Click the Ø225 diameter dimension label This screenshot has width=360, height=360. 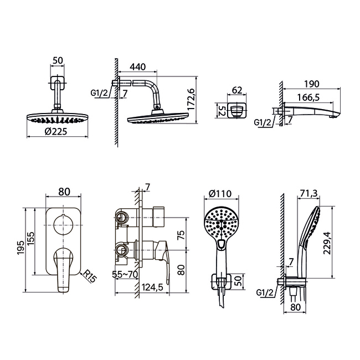pos(56,132)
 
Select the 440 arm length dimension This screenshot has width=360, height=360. pos(138,67)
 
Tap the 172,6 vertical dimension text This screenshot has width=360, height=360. pos(191,99)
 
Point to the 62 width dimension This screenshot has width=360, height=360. pos(237,90)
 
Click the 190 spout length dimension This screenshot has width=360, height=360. pos(312,84)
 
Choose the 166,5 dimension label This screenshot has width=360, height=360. pos(308,97)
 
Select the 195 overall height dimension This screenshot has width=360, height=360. pos(20,248)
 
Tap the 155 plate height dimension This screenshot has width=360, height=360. pos(30,239)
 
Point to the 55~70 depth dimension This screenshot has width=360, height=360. pos(125,274)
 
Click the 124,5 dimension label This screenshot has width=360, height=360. pos(152,287)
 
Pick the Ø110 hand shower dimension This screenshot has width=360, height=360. pos(220,194)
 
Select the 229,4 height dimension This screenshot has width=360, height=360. pos(327,243)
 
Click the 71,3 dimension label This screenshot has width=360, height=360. pos(309,193)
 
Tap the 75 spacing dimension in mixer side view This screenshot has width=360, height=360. pos(181,235)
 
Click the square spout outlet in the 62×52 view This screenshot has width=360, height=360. pos(236,111)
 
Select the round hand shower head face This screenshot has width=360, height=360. pos(221,223)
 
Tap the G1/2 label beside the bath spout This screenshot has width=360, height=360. pos(263,122)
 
